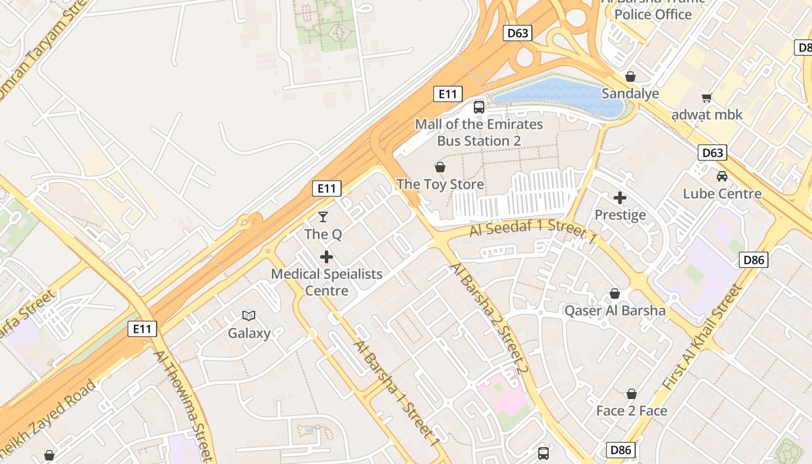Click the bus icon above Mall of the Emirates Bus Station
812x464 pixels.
(478, 107)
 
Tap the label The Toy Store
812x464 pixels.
(440, 184)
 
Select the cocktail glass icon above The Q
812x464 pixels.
(323, 217)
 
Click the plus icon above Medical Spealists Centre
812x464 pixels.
(327, 257)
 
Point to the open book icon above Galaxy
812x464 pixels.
(249, 316)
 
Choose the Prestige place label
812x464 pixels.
(620, 215)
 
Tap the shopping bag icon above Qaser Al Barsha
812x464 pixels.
(615, 294)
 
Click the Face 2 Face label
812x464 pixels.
(632, 411)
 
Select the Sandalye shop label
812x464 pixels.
(630, 93)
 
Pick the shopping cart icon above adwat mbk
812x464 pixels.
(706, 97)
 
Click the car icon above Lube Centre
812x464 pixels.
(722, 176)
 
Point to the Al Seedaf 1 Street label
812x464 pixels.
(533, 229)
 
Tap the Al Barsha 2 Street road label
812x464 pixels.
(490, 319)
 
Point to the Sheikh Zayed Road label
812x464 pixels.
(49, 418)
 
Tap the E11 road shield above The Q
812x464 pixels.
(327, 188)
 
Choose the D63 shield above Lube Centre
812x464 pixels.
(712, 153)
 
